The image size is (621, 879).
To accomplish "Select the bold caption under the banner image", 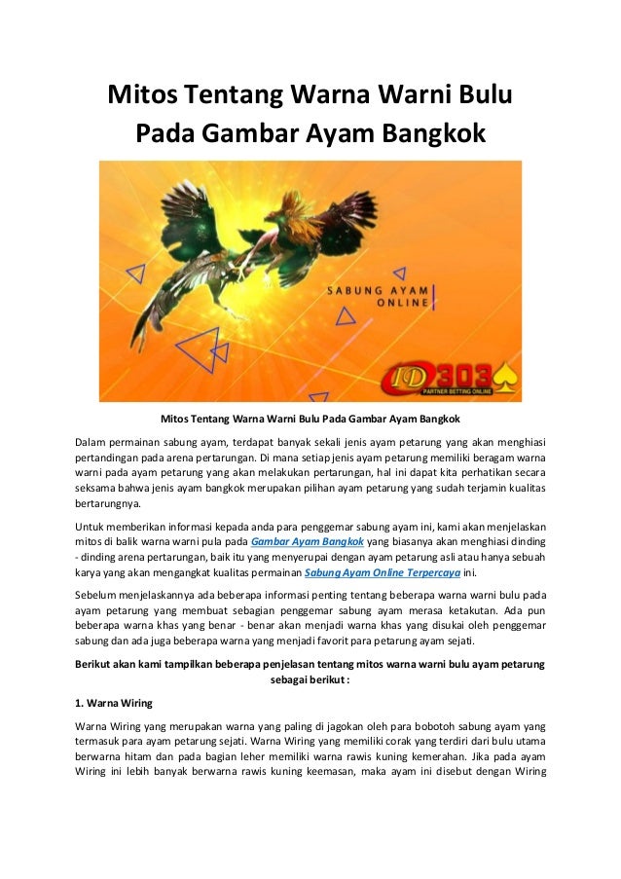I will pos(310,420).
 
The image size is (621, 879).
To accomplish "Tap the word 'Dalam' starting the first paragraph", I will pos(92,445).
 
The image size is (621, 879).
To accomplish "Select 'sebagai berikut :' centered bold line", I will pos(310,679).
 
